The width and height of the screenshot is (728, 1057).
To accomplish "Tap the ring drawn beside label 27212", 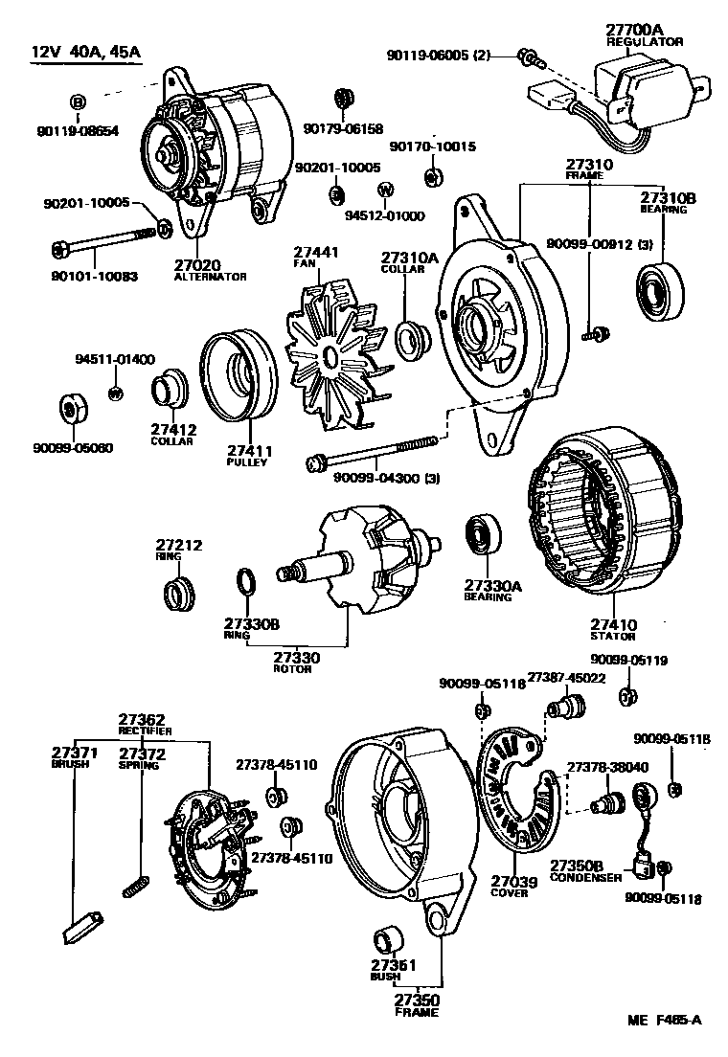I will [178, 594].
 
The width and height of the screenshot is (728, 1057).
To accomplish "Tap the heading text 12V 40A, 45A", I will [82, 51].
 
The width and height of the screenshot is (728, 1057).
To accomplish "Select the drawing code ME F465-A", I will [664, 1021].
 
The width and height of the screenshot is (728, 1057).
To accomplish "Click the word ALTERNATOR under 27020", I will [210, 277].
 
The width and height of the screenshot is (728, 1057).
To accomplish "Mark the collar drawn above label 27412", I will [170, 392].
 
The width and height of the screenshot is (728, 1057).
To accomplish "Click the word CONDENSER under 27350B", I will [580, 877].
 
